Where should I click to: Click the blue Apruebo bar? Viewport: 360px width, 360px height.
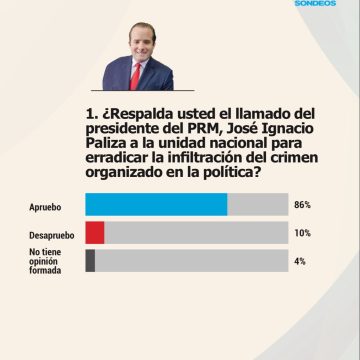click(156, 205)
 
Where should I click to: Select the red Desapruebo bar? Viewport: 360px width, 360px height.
click(95, 233)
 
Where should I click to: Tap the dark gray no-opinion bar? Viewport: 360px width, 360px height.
click(91, 261)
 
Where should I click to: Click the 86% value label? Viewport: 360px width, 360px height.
click(303, 205)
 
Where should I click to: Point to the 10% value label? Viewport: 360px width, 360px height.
click(303, 233)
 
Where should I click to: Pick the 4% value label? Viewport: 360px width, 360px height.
click(300, 261)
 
